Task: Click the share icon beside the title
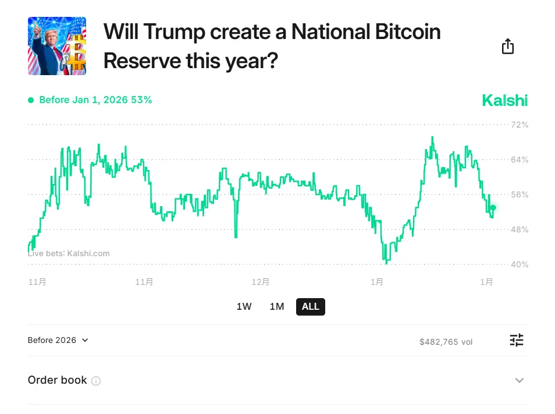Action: coord(508,47)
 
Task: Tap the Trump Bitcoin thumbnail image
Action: coord(57,46)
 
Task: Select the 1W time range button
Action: coord(244,306)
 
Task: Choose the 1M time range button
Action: coord(277,306)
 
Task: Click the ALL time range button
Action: coord(310,306)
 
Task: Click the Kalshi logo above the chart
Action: coord(504,101)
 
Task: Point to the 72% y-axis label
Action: coord(520,125)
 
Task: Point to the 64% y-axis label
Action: coord(520,160)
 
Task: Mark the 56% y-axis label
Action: coord(520,194)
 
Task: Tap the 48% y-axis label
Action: coord(520,229)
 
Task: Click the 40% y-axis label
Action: coord(520,264)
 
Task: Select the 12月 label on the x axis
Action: coord(261,282)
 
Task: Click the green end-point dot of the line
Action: coord(493,207)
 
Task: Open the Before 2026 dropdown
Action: coord(58,340)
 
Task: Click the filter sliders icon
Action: coord(517,340)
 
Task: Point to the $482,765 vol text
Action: coord(446,342)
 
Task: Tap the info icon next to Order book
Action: coord(96,381)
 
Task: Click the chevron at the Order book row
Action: coord(520,380)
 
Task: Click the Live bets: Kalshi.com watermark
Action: coord(69,253)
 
